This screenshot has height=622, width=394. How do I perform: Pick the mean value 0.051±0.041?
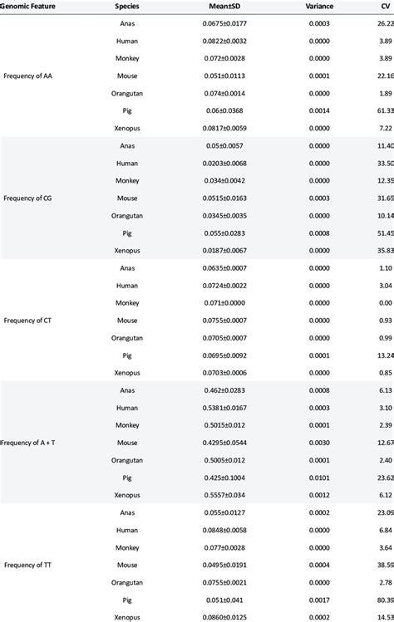coord(224,600)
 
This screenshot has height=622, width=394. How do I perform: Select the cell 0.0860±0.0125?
coord(224,617)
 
